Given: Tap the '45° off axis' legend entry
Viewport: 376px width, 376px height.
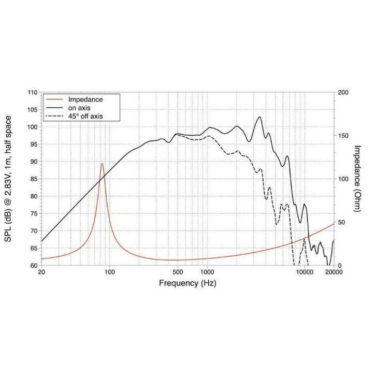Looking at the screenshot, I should click(x=86, y=116).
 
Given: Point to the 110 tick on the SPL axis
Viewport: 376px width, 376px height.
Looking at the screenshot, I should click(x=32, y=92).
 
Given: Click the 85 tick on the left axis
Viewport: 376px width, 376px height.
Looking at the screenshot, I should click(x=34, y=179).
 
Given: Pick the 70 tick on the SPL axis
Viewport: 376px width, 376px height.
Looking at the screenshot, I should click(x=34, y=231).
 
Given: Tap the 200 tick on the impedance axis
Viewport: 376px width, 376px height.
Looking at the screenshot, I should click(x=343, y=92).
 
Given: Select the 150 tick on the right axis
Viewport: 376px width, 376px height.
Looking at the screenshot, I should click(x=343, y=136).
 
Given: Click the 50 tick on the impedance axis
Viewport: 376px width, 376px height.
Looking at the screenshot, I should click(x=341, y=222).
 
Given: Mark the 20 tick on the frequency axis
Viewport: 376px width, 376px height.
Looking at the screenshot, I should click(x=41, y=272).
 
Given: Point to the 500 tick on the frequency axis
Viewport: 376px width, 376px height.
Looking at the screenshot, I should click(x=178, y=272).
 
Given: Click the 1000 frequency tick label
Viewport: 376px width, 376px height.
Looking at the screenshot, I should click(x=207, y=272).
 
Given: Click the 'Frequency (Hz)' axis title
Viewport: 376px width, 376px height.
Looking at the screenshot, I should click(x=187, y=283).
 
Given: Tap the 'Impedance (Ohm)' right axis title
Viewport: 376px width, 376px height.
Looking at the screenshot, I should click(x=357, y=179).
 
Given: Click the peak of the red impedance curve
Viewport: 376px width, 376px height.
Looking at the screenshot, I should click(x=102, y=164).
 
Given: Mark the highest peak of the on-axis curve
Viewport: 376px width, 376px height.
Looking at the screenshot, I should click(x=259, y=117).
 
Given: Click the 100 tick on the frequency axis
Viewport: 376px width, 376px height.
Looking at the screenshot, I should click(x=109, y=272).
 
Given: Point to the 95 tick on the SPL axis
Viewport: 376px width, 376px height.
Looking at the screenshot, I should click(x=34, y=144).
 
